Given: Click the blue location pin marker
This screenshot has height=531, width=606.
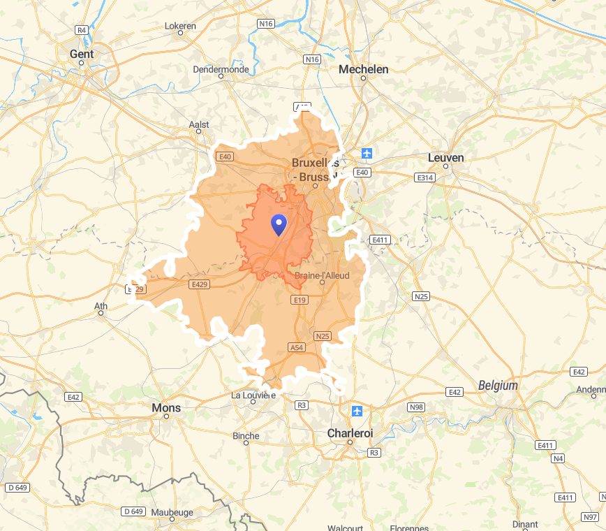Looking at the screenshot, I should [279, 224].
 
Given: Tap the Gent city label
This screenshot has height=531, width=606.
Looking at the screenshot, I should [82, 53].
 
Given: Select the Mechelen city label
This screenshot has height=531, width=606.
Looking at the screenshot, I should [363, 69].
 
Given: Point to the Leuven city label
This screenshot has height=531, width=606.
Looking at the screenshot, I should [445, 158].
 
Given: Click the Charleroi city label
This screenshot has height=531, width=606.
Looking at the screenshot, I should [350, 433].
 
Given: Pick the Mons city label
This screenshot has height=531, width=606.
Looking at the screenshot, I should [166, 407].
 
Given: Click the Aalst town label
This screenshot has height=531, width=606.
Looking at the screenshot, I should [199, 124].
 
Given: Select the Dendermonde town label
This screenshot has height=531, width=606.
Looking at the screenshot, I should [221, 69].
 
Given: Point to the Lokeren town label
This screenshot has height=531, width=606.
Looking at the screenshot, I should [180, 26].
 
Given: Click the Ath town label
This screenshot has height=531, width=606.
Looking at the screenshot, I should [101, 305].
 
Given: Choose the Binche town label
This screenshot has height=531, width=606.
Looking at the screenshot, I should [246, 436].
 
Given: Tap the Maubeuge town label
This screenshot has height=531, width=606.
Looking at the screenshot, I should [172, 512].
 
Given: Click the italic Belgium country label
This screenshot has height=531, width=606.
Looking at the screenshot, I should [498, 385].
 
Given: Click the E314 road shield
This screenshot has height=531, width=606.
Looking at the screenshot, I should [424, 178].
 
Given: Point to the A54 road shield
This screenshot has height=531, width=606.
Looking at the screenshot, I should [297, 347].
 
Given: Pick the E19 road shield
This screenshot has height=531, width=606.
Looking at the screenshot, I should [299, 300].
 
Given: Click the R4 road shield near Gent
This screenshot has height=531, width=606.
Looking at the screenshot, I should [82, 30].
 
